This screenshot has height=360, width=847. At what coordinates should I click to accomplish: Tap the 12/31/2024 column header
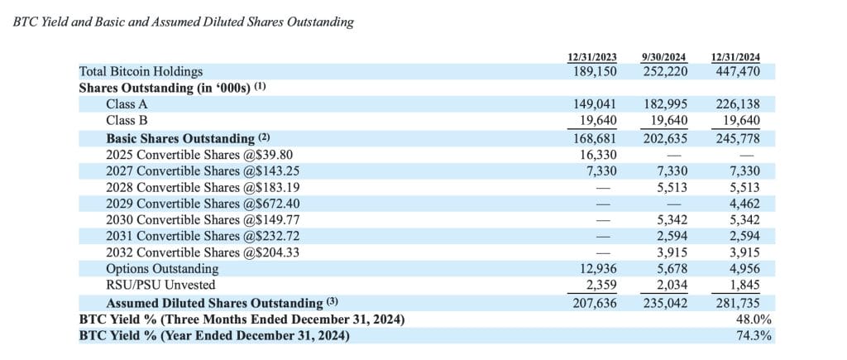[x=735, y=57]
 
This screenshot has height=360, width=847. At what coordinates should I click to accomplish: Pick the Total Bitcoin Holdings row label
[x=141, y=72]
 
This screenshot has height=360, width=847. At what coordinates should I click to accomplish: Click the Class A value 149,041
[x=596, y=105]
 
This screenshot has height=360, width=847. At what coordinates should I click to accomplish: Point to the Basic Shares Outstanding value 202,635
[x=666, y=138]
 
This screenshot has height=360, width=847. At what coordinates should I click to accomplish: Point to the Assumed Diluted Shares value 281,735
[x=739, y=303]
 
